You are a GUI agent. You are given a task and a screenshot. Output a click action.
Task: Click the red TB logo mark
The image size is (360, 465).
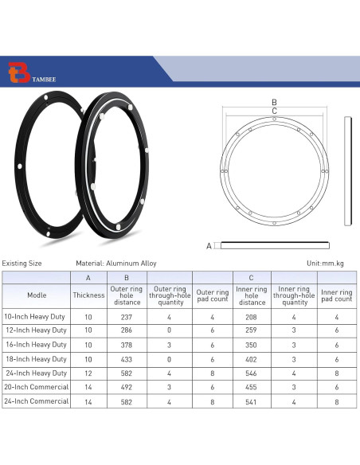(19, 72)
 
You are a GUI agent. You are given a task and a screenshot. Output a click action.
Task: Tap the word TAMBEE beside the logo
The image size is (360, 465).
(44, 79)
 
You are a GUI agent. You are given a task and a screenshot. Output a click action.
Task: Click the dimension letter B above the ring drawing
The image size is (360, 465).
(274, 102)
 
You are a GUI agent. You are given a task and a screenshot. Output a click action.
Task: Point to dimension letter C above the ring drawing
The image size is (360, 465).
(274, 111)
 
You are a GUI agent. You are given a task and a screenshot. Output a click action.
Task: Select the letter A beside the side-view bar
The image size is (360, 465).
(209, 246)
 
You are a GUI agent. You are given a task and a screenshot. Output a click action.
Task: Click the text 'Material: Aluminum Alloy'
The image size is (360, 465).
(116, 264)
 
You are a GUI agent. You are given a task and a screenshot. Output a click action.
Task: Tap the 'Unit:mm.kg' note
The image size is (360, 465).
(325, 264)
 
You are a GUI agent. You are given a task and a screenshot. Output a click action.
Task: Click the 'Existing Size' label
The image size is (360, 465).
(22, 264)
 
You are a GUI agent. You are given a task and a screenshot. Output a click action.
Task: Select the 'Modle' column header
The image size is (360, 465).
(37, 295)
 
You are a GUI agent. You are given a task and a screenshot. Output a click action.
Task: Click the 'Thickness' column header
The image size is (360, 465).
(88, 295)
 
